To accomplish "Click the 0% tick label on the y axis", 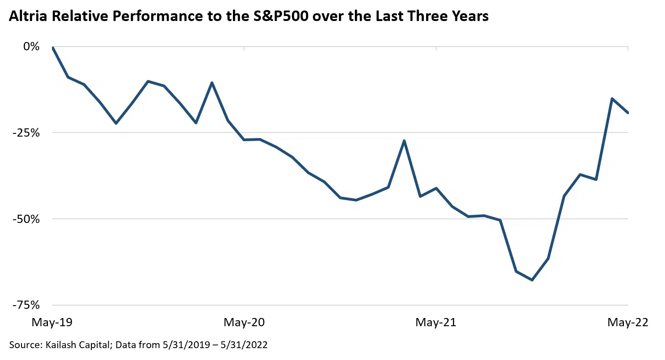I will point(32,47).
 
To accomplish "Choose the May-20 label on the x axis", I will point(244,323).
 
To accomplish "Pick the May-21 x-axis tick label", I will point(436,323).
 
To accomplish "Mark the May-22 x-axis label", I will point(628,323).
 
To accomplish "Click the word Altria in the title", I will point(28,16).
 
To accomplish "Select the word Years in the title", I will point(469,16).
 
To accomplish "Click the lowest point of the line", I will point(532,280).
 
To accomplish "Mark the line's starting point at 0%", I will point(53,47).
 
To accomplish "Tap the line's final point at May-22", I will point(628,113).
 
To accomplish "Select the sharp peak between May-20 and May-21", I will point(404,141).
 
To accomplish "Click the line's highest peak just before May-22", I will point(612,99).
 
